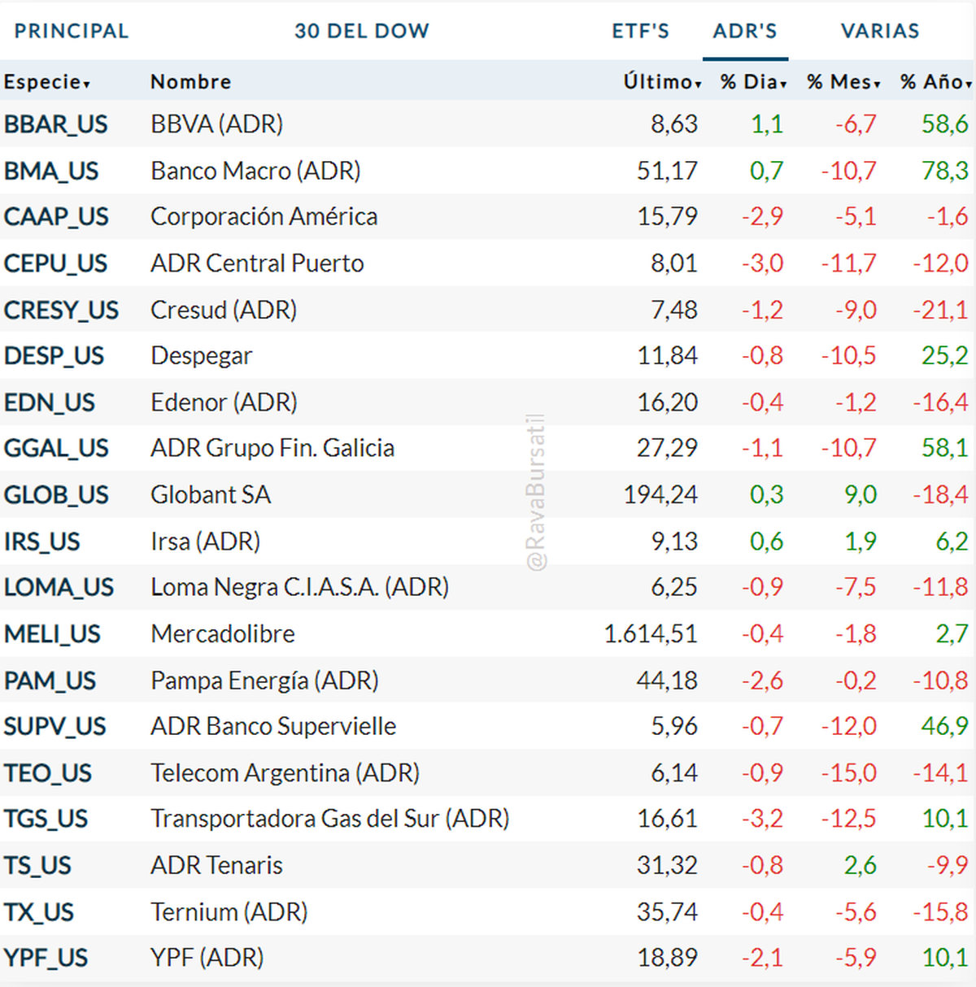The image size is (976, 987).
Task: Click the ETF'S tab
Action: pos(640,31)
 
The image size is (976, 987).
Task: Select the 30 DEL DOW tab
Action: pos(361,31)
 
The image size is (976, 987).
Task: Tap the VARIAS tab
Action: pos(879,31)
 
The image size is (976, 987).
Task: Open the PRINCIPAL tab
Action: pos(72,31)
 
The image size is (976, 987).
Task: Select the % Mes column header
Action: pos(843,81)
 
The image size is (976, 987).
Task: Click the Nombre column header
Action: pos(190,81)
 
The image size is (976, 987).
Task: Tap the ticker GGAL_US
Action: pos(56,448)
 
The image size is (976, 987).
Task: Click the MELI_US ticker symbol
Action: pos(52,633)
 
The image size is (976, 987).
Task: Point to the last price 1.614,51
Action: pos(650,633)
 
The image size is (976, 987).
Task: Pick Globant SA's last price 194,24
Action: pos(660,494)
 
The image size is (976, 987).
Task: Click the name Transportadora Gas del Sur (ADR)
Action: pos(329,819)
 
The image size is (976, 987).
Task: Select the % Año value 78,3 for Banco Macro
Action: pos(944,171)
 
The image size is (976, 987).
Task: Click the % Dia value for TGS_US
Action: pos(762,819)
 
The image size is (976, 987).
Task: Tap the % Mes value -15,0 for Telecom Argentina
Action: pos(848,772)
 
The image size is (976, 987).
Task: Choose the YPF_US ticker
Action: pos(46,958)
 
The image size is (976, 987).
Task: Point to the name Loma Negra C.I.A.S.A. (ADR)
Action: pos(299,587)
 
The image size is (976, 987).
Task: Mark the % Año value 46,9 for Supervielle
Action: pos(944,726)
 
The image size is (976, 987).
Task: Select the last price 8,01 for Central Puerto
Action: pos(673,263)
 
